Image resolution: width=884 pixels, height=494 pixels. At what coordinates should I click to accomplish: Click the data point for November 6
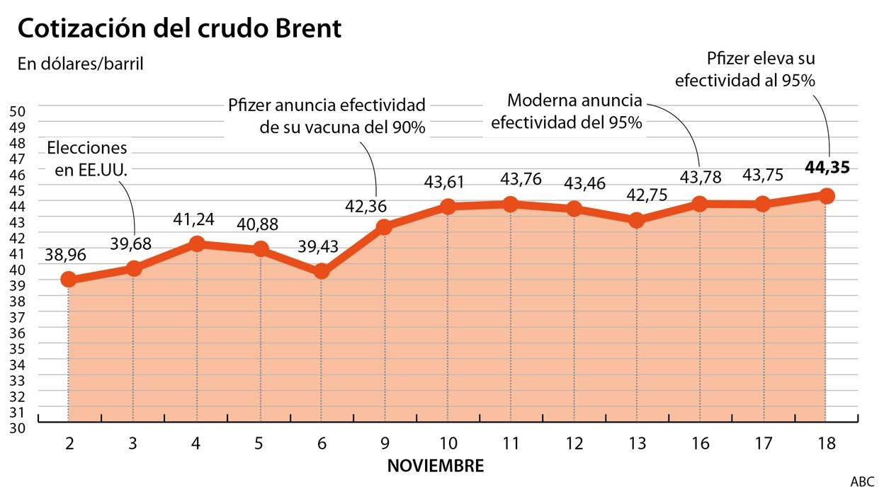click(x=321, y=271)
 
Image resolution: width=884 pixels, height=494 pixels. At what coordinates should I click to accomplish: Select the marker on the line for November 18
click(x=826, y=195)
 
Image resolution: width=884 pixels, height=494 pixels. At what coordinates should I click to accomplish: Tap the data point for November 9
click(x=384, y=226)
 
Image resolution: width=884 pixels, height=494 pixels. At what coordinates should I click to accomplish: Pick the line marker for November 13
click(x=636, y=220)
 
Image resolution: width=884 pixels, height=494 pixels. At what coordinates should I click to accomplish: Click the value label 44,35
click(x=827, y=168)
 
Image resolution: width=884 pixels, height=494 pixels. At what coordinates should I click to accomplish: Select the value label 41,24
click(x=195, y=219)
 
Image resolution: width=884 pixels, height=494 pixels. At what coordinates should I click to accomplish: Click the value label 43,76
click(x=521, y=179)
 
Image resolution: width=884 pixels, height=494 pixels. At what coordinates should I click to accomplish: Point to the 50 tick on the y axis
click(x=18, y=111)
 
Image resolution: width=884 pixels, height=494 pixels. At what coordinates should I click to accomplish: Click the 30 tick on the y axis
click(x=18, y=428)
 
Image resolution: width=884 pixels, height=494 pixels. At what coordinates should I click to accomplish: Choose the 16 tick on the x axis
click(x=699, y=444)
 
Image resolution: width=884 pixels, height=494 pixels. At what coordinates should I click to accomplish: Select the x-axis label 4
click(x=195, y=444)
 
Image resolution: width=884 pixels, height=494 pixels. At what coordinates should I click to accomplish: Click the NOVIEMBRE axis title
click(x=436, y=466)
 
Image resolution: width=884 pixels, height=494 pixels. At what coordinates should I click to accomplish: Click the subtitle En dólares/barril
click(x=81, y=64)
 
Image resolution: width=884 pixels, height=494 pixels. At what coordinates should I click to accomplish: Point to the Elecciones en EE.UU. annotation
click(x=87, y=159)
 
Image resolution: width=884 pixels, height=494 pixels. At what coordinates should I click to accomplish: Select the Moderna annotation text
click(x=566, y=111)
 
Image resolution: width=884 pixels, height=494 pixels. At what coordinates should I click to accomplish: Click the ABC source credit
click(x=862, y=482)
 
